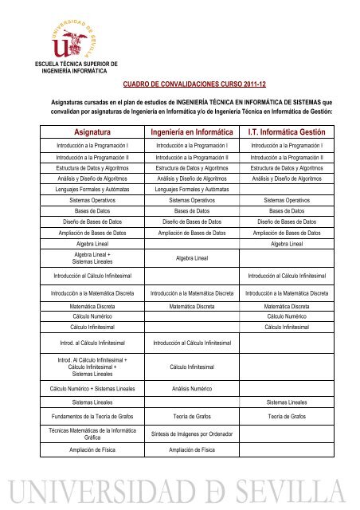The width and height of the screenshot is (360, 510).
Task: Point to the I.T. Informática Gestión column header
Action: (x=289, y=131)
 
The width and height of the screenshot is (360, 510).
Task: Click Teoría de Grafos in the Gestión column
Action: (x=289, y=415)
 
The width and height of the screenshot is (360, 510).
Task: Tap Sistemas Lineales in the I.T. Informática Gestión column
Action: (x=289, y=403)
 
